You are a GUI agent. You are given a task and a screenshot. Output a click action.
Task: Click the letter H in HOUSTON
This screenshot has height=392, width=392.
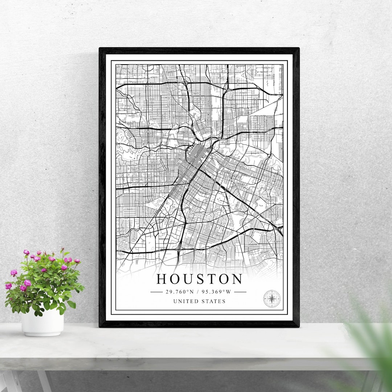(x=162, y=279)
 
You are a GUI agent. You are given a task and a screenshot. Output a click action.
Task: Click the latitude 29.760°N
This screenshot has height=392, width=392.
(x=179, y=291)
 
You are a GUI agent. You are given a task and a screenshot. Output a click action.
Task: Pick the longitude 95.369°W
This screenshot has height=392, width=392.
(x=217, y=291)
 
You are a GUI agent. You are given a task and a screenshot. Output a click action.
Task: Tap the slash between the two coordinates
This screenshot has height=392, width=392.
(x=198, y=291)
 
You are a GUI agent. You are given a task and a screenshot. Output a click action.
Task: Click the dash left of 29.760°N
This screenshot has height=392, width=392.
(x=156, y=291)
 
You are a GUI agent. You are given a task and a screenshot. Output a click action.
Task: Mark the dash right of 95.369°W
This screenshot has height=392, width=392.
(x=240, y=291)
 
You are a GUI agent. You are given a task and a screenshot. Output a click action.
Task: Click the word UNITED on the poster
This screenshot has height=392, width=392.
(x=186, y=301)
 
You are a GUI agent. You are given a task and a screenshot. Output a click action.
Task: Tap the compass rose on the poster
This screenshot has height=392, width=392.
(x=271, y=299)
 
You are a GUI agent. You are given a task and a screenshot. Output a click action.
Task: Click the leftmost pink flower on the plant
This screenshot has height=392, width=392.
(x=8, y=286)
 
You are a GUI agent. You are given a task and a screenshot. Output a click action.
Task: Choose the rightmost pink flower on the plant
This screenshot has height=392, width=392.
(x=77, y=261)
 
